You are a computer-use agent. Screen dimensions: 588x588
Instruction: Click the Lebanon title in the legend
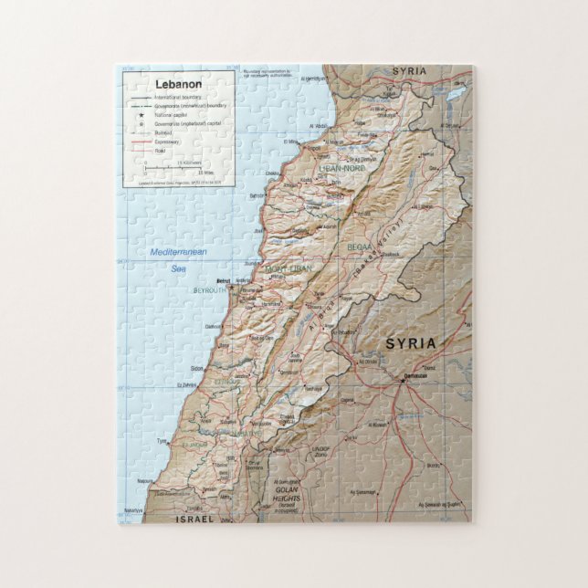[x=179, y=84]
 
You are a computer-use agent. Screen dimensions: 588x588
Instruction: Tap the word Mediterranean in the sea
[x=179, y=252]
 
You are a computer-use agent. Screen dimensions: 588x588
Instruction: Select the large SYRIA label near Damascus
[x=410, y=343]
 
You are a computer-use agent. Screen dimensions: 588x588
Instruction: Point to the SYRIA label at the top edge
[x=409, y=71]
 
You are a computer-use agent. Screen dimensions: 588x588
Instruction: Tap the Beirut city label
[x=223, y=281]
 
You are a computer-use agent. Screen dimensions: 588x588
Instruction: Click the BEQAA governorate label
[x=360, y=247]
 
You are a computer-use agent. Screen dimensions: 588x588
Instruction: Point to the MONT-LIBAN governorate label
[x=288, y=269]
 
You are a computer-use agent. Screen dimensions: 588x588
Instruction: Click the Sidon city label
[x=197, y=369]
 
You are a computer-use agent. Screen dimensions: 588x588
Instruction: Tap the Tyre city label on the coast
[x=163, y=441]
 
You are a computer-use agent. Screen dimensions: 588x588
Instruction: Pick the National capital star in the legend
[x=142, y=116]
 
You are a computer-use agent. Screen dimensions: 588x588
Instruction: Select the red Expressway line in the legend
[x=142, y=142]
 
